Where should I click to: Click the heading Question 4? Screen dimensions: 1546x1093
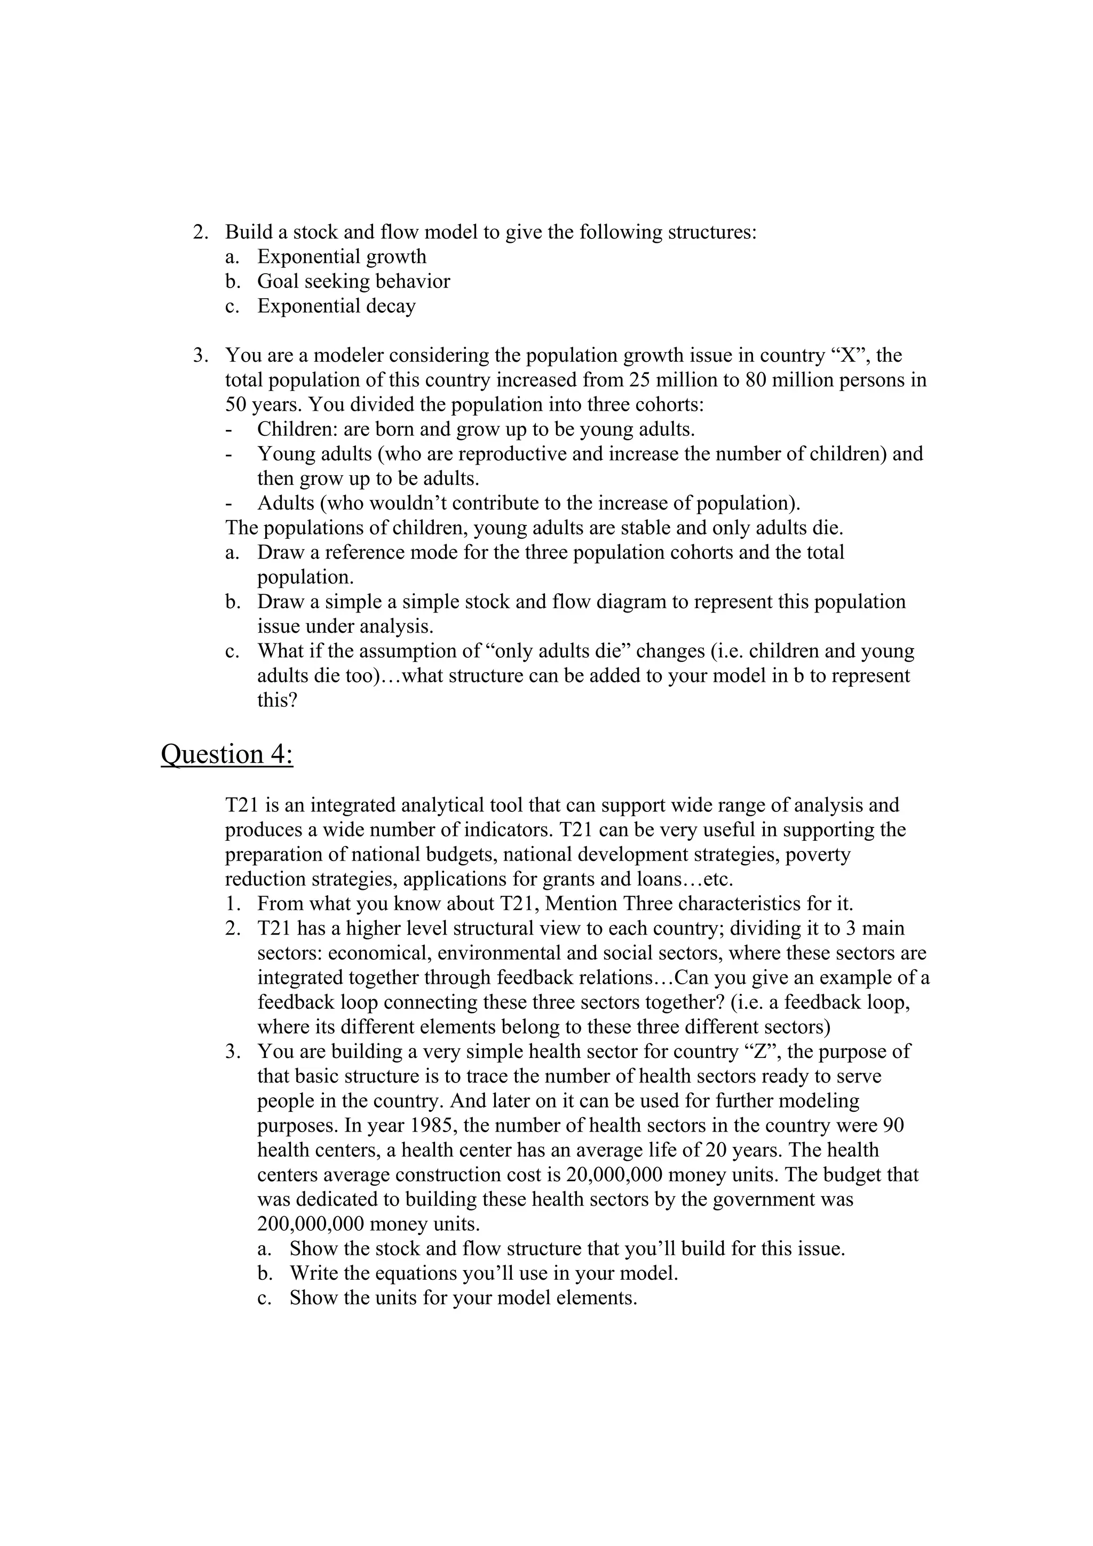tap(227, 755)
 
